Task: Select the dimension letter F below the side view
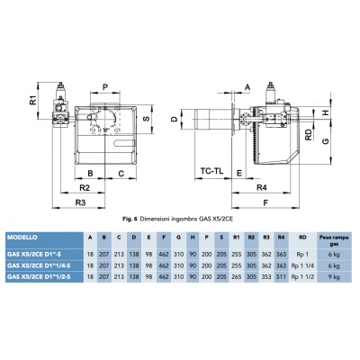265,203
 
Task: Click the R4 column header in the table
282,238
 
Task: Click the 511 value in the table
282,278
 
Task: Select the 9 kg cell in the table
333,278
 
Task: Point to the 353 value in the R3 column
266,278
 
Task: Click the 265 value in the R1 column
236,278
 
